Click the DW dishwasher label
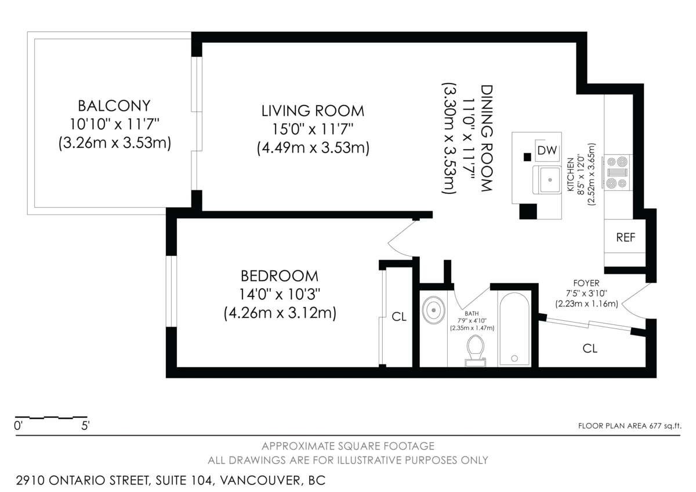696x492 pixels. [546, 150]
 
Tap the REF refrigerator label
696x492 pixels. [625, 238]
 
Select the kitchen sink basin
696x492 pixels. [550, 180]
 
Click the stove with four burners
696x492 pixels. [617, 173]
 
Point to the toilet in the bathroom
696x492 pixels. [476, 351]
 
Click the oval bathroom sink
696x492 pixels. [433, 310]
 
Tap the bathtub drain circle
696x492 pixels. [514, 359]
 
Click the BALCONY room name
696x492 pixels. [114, 106]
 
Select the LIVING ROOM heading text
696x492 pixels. [313, 111]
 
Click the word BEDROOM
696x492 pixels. [280, 276]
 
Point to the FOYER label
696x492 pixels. [586, 283]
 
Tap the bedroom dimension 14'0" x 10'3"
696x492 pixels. [280, 294]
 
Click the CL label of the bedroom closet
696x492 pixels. [399, 317]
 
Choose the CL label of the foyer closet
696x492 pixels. [590, 349]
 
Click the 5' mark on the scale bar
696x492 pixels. [85, 426]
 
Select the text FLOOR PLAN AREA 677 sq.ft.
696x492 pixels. [630, 426]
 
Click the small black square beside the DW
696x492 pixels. [527, 157]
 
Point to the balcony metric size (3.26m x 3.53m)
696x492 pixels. [115, 143]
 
